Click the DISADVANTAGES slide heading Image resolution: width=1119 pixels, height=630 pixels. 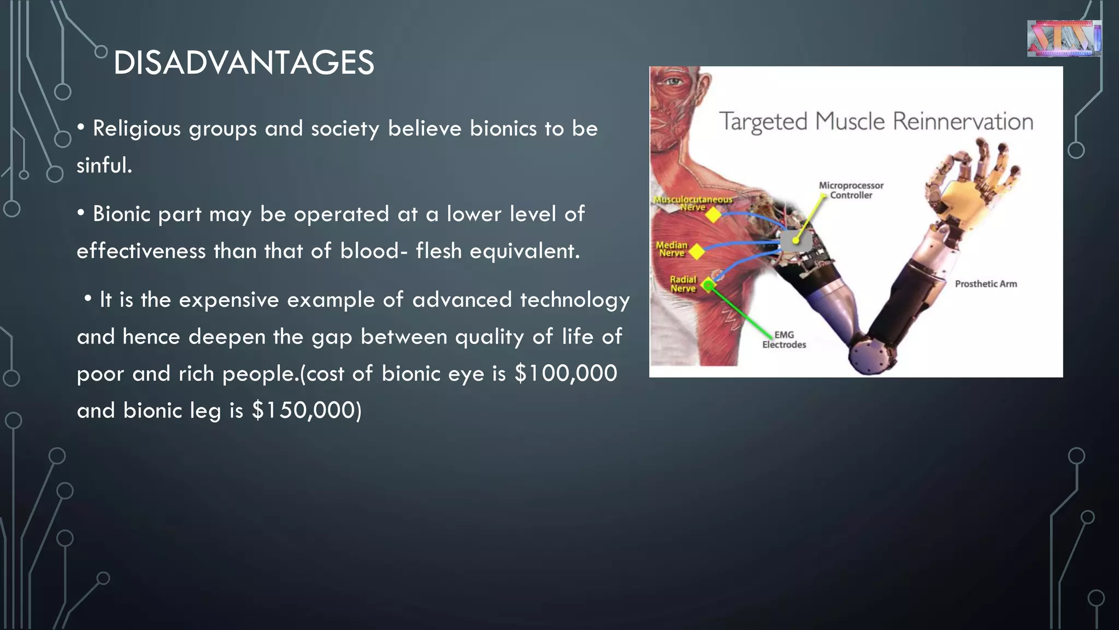point(244,62)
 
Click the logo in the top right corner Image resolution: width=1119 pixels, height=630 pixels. point(1063,38)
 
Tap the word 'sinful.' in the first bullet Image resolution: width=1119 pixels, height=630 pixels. point(104,165)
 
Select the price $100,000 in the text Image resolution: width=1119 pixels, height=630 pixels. point(566,374)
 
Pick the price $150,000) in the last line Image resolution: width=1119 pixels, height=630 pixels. point(307,410)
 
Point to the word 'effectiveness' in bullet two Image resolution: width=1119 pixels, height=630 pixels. point(141,251)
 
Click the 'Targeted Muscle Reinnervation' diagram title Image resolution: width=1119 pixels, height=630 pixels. point(876,121)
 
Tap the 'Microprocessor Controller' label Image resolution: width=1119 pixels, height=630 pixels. point(851,190)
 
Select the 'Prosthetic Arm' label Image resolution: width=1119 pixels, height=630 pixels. point(986,284)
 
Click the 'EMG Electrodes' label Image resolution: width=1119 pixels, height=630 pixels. point(784,340)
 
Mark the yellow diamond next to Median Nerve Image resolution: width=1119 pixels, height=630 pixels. point(697,252)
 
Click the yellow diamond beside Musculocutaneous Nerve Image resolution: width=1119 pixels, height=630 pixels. point(713,215)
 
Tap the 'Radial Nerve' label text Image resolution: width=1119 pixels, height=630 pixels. point(683,284)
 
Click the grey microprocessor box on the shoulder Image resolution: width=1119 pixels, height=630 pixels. point(795,241)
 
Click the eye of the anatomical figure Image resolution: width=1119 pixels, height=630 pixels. point(673,83)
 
